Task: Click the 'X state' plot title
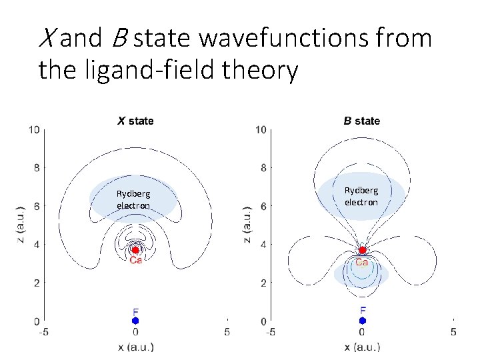tap(135, 121)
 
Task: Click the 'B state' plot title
tap(361, 121)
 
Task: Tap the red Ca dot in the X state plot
tap(135, 250)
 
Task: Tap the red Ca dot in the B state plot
tap(362, 250)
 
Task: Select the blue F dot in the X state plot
tap(135, 321)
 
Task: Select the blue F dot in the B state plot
tap(362, 321)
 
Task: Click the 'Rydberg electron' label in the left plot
tap(133, 199)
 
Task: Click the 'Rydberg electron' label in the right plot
tap(361, 196)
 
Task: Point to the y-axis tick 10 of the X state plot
tap(33, 129)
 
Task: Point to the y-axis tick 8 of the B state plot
tap(263, 168)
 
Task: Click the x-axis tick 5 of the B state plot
tap(453, 332)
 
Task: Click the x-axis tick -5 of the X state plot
tap(43, 332)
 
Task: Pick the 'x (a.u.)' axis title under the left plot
tap(135, 347)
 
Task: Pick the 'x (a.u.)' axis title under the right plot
tap(362, 347)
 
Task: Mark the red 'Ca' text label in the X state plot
tap(135, 261)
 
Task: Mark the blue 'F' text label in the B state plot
tap(362, 310)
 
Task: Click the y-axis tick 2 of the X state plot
tap(37, 283)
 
